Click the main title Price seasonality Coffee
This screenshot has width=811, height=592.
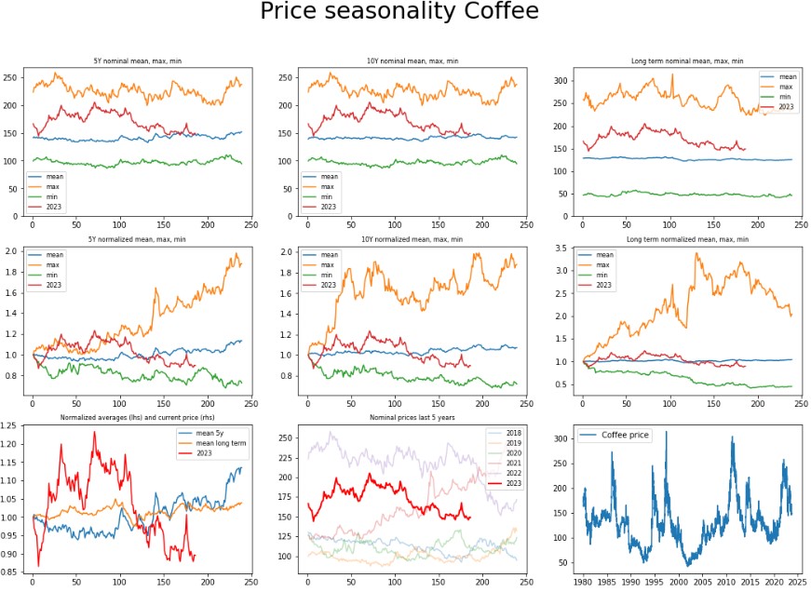coord(399,13)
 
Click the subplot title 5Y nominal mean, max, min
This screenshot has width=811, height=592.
coord(131,61)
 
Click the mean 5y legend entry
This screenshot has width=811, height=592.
coord(212,435)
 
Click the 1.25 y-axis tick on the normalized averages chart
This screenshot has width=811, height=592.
coord(9,425)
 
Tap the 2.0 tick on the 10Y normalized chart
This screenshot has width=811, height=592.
coord(291,253)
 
